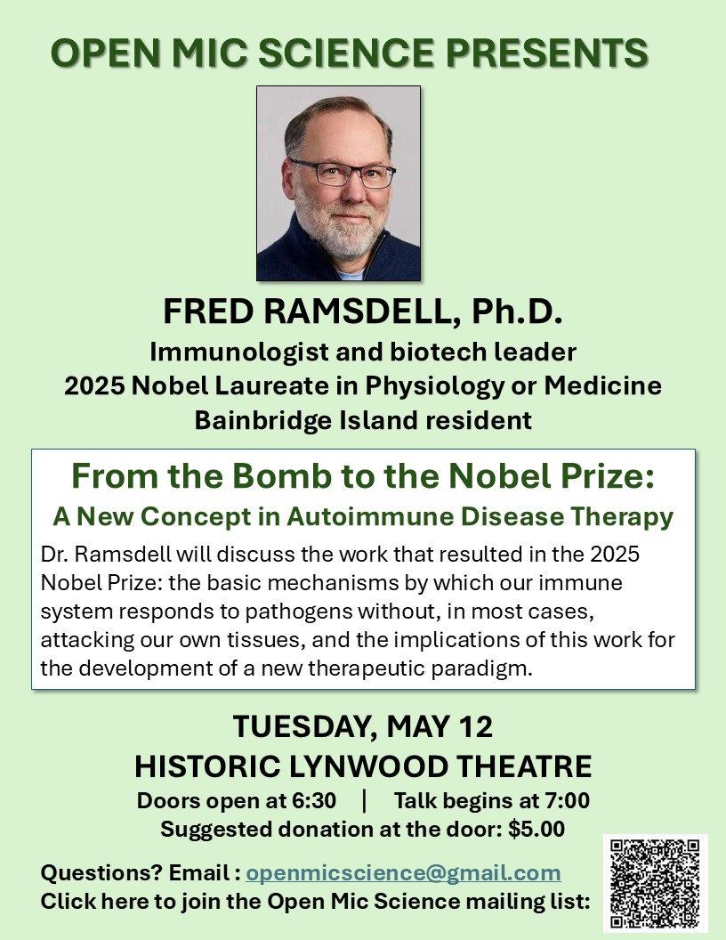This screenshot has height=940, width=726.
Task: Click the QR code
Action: coord(655,883)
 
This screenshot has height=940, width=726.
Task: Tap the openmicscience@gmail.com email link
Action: coord(403,872)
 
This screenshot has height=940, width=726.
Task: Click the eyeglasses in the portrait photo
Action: coord(343,172)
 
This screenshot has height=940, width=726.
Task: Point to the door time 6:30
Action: coord(314,800)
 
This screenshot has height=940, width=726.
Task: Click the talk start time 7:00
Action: coord(564,800)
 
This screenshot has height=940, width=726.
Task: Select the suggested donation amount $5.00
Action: coord(536,830)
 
